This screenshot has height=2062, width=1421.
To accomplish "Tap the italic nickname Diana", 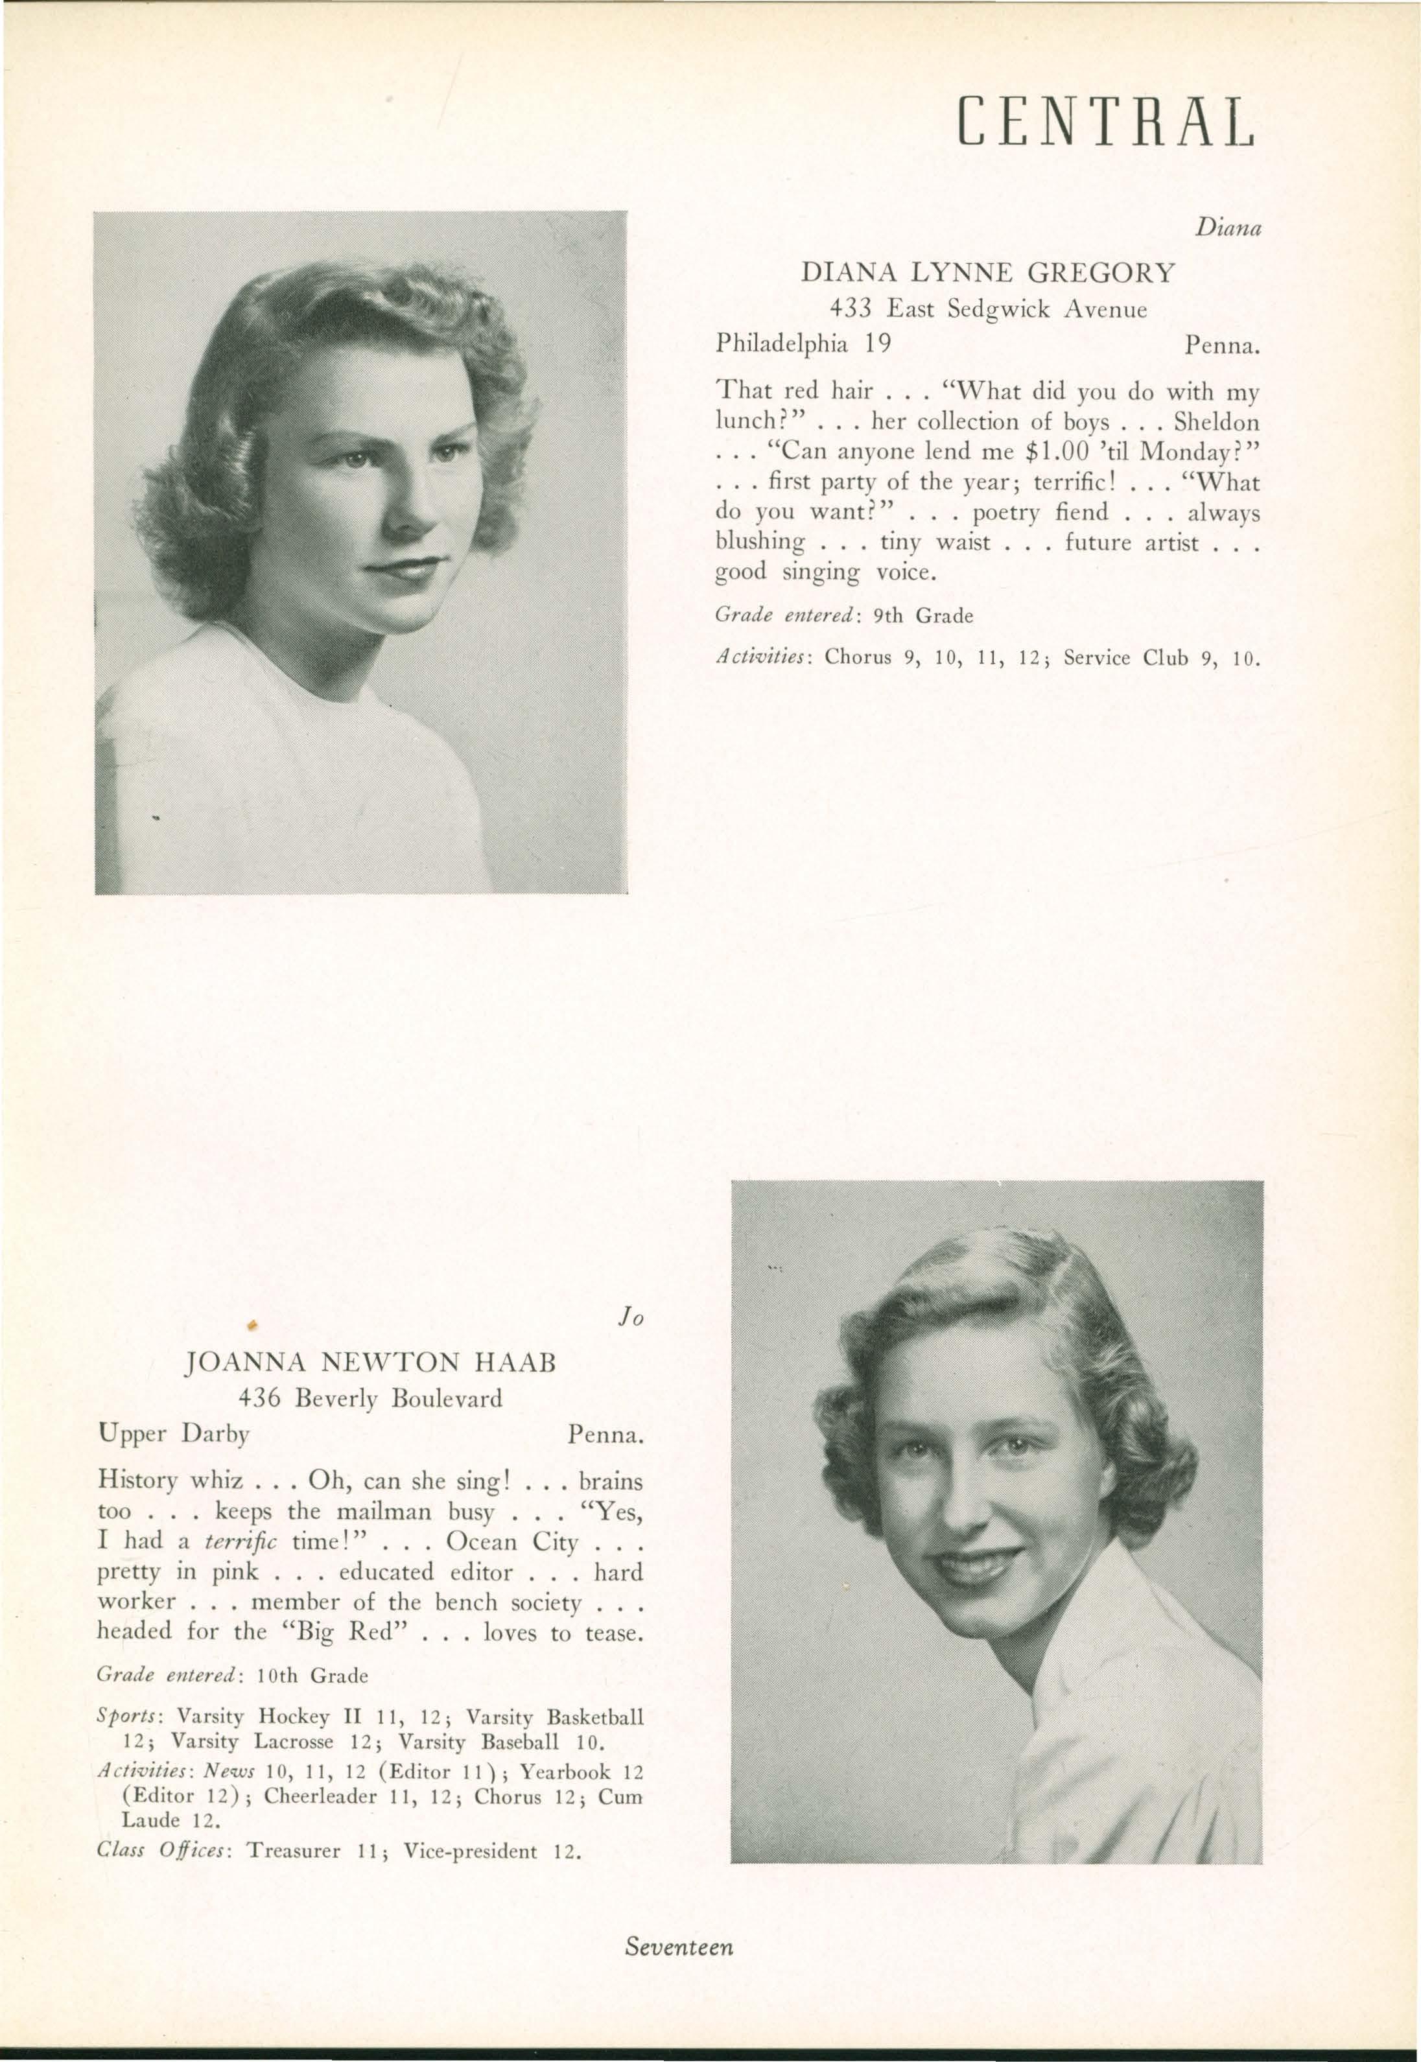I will [1228, 229].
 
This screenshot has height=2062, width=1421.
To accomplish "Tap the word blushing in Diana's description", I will [760, 542].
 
